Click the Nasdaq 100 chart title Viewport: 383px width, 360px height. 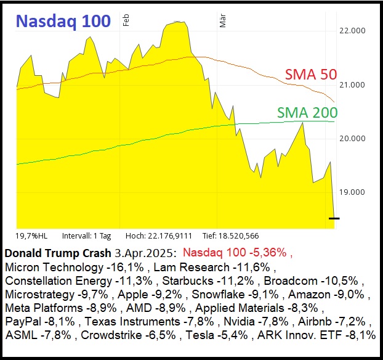[x=63, y=21]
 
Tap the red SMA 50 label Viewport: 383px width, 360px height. [x=310, y=75]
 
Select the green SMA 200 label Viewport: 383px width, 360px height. [x=307, y=112]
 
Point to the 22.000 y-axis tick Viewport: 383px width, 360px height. [x=353, y=31]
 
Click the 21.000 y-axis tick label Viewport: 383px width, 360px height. [x=353, y=84]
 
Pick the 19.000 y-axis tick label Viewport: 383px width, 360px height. [x=353, y=192]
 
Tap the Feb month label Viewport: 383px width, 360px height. [x=126, y=20]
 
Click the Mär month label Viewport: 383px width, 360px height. [x=223, y=22]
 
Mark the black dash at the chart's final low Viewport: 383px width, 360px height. [x=334, y=218]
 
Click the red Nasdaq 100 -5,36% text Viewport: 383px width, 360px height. [x=238, y=253]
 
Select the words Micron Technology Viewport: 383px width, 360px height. [x=54, y=267]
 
